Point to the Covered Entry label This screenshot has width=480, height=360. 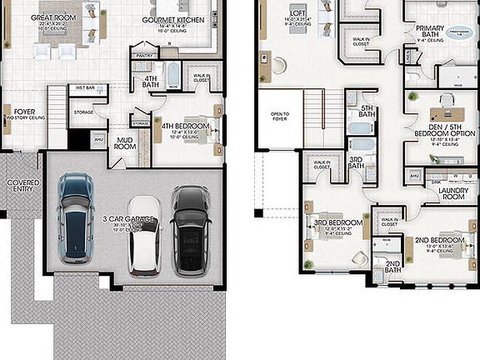(23, 186)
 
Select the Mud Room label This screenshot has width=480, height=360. (125, 143)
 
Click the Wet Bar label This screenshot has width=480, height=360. (85, 87)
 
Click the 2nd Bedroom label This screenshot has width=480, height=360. (438, 241)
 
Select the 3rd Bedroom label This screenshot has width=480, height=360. (337, 223)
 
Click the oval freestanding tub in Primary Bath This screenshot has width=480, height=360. (459, 33)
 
